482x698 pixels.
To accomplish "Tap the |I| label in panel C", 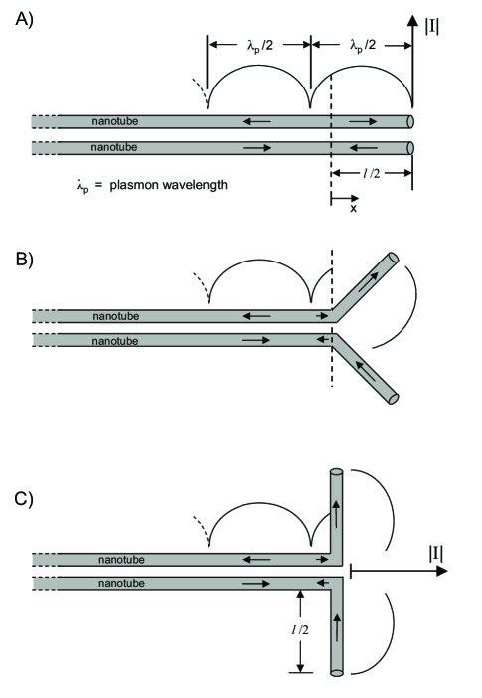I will pyautogui.click(x=430, y=552).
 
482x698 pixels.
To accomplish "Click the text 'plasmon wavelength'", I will pyautogui.click(x=173, y=184).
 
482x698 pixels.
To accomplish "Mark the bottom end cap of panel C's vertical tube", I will pyautogui.click(x=336, y=673).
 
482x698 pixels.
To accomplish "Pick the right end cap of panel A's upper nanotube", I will pyautogui.click(x=410, y=121).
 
